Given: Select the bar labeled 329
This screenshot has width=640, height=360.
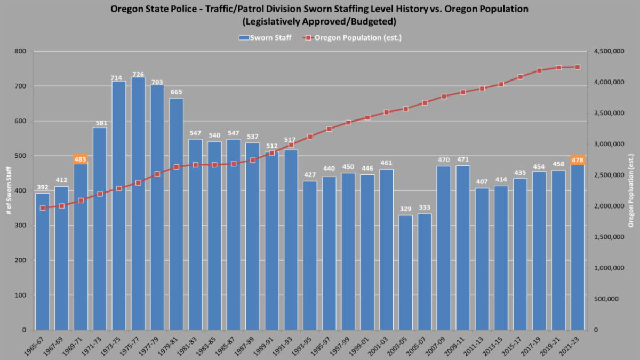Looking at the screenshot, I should tap(405, 272).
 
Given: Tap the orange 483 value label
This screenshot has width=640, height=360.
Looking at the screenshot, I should tap(81, 159).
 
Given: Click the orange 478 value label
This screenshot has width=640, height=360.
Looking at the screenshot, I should tap(578, 160).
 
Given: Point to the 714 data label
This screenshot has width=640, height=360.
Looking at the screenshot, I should tap(119, 77).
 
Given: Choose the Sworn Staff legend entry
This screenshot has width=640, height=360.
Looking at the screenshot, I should tap(265, 37).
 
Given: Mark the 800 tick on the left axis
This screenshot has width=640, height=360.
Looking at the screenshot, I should tap(20, 51).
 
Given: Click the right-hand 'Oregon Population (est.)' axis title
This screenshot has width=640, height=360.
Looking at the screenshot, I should tap(631, 190).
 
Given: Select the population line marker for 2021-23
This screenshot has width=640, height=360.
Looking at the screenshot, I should tap(578, 67).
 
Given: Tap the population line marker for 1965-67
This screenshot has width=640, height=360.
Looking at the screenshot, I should tap(43, 208).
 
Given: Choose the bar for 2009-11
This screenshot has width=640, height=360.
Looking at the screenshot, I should tap(463, 248).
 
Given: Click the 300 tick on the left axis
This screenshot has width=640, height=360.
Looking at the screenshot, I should tap(20, 226).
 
